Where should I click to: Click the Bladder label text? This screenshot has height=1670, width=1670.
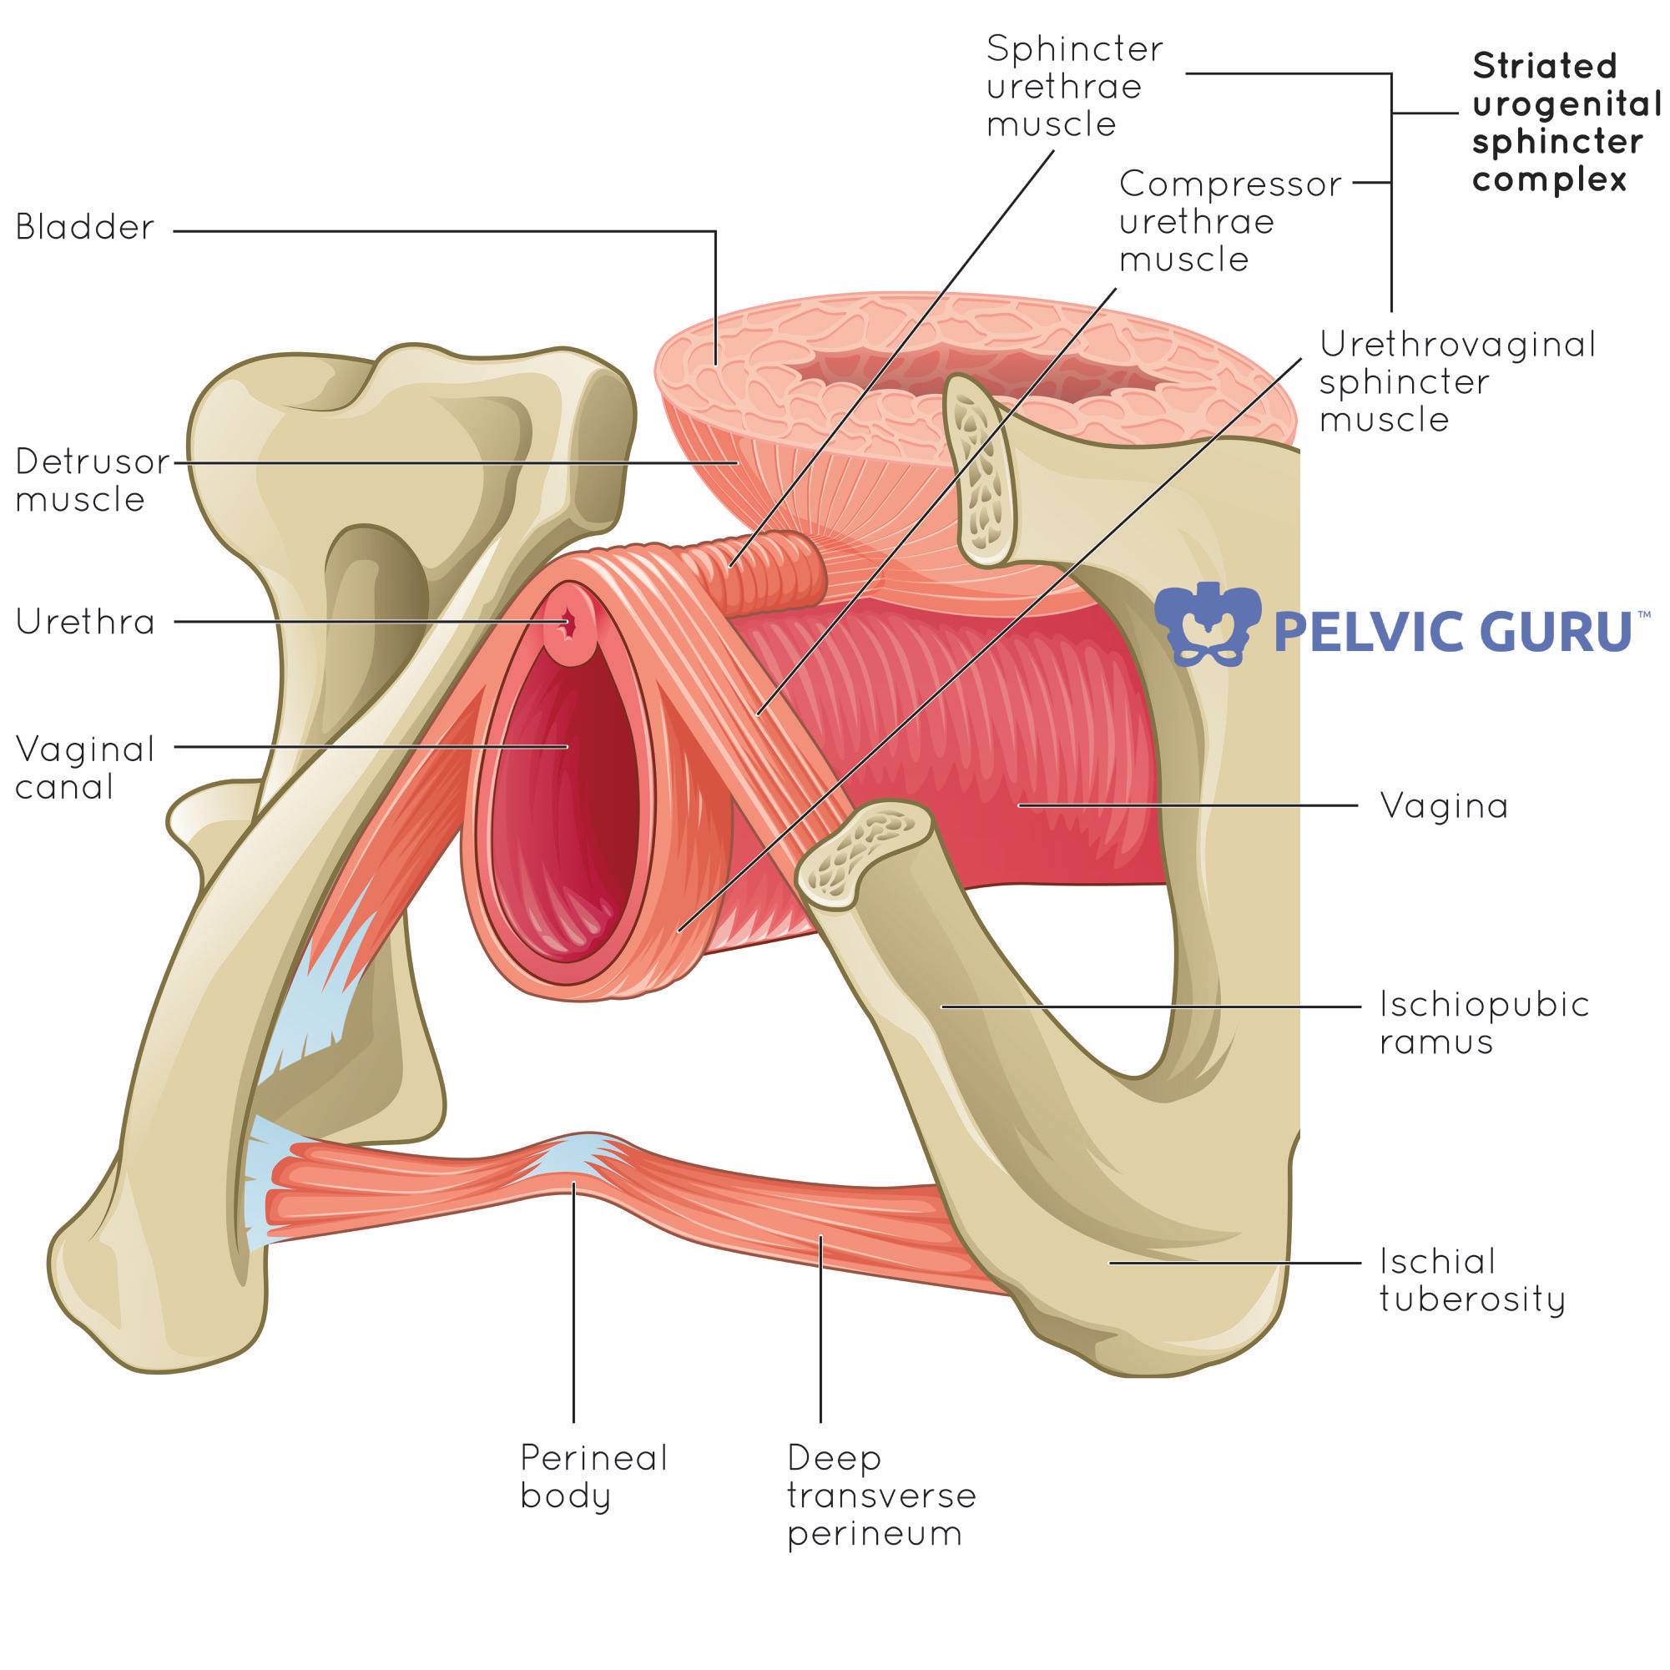pos(85,228)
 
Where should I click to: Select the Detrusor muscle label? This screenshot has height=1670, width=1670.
pos(93,481)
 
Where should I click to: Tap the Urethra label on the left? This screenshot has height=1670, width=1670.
pos(85,623)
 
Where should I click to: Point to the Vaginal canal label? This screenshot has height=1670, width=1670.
pos(85,768)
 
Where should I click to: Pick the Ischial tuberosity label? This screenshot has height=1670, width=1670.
pos(1472,1280)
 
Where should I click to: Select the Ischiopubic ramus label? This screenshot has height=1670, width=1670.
pos(1484,1022)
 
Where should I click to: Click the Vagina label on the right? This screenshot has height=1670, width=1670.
pos(1444,806)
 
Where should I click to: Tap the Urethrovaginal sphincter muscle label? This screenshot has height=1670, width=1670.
pos(1457,382)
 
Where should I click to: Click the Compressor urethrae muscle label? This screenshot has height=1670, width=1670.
pos(1230,221)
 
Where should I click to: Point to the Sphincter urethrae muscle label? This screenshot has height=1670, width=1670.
pos(1074,87)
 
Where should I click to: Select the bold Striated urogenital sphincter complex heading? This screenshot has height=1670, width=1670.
pos(1567,123)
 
